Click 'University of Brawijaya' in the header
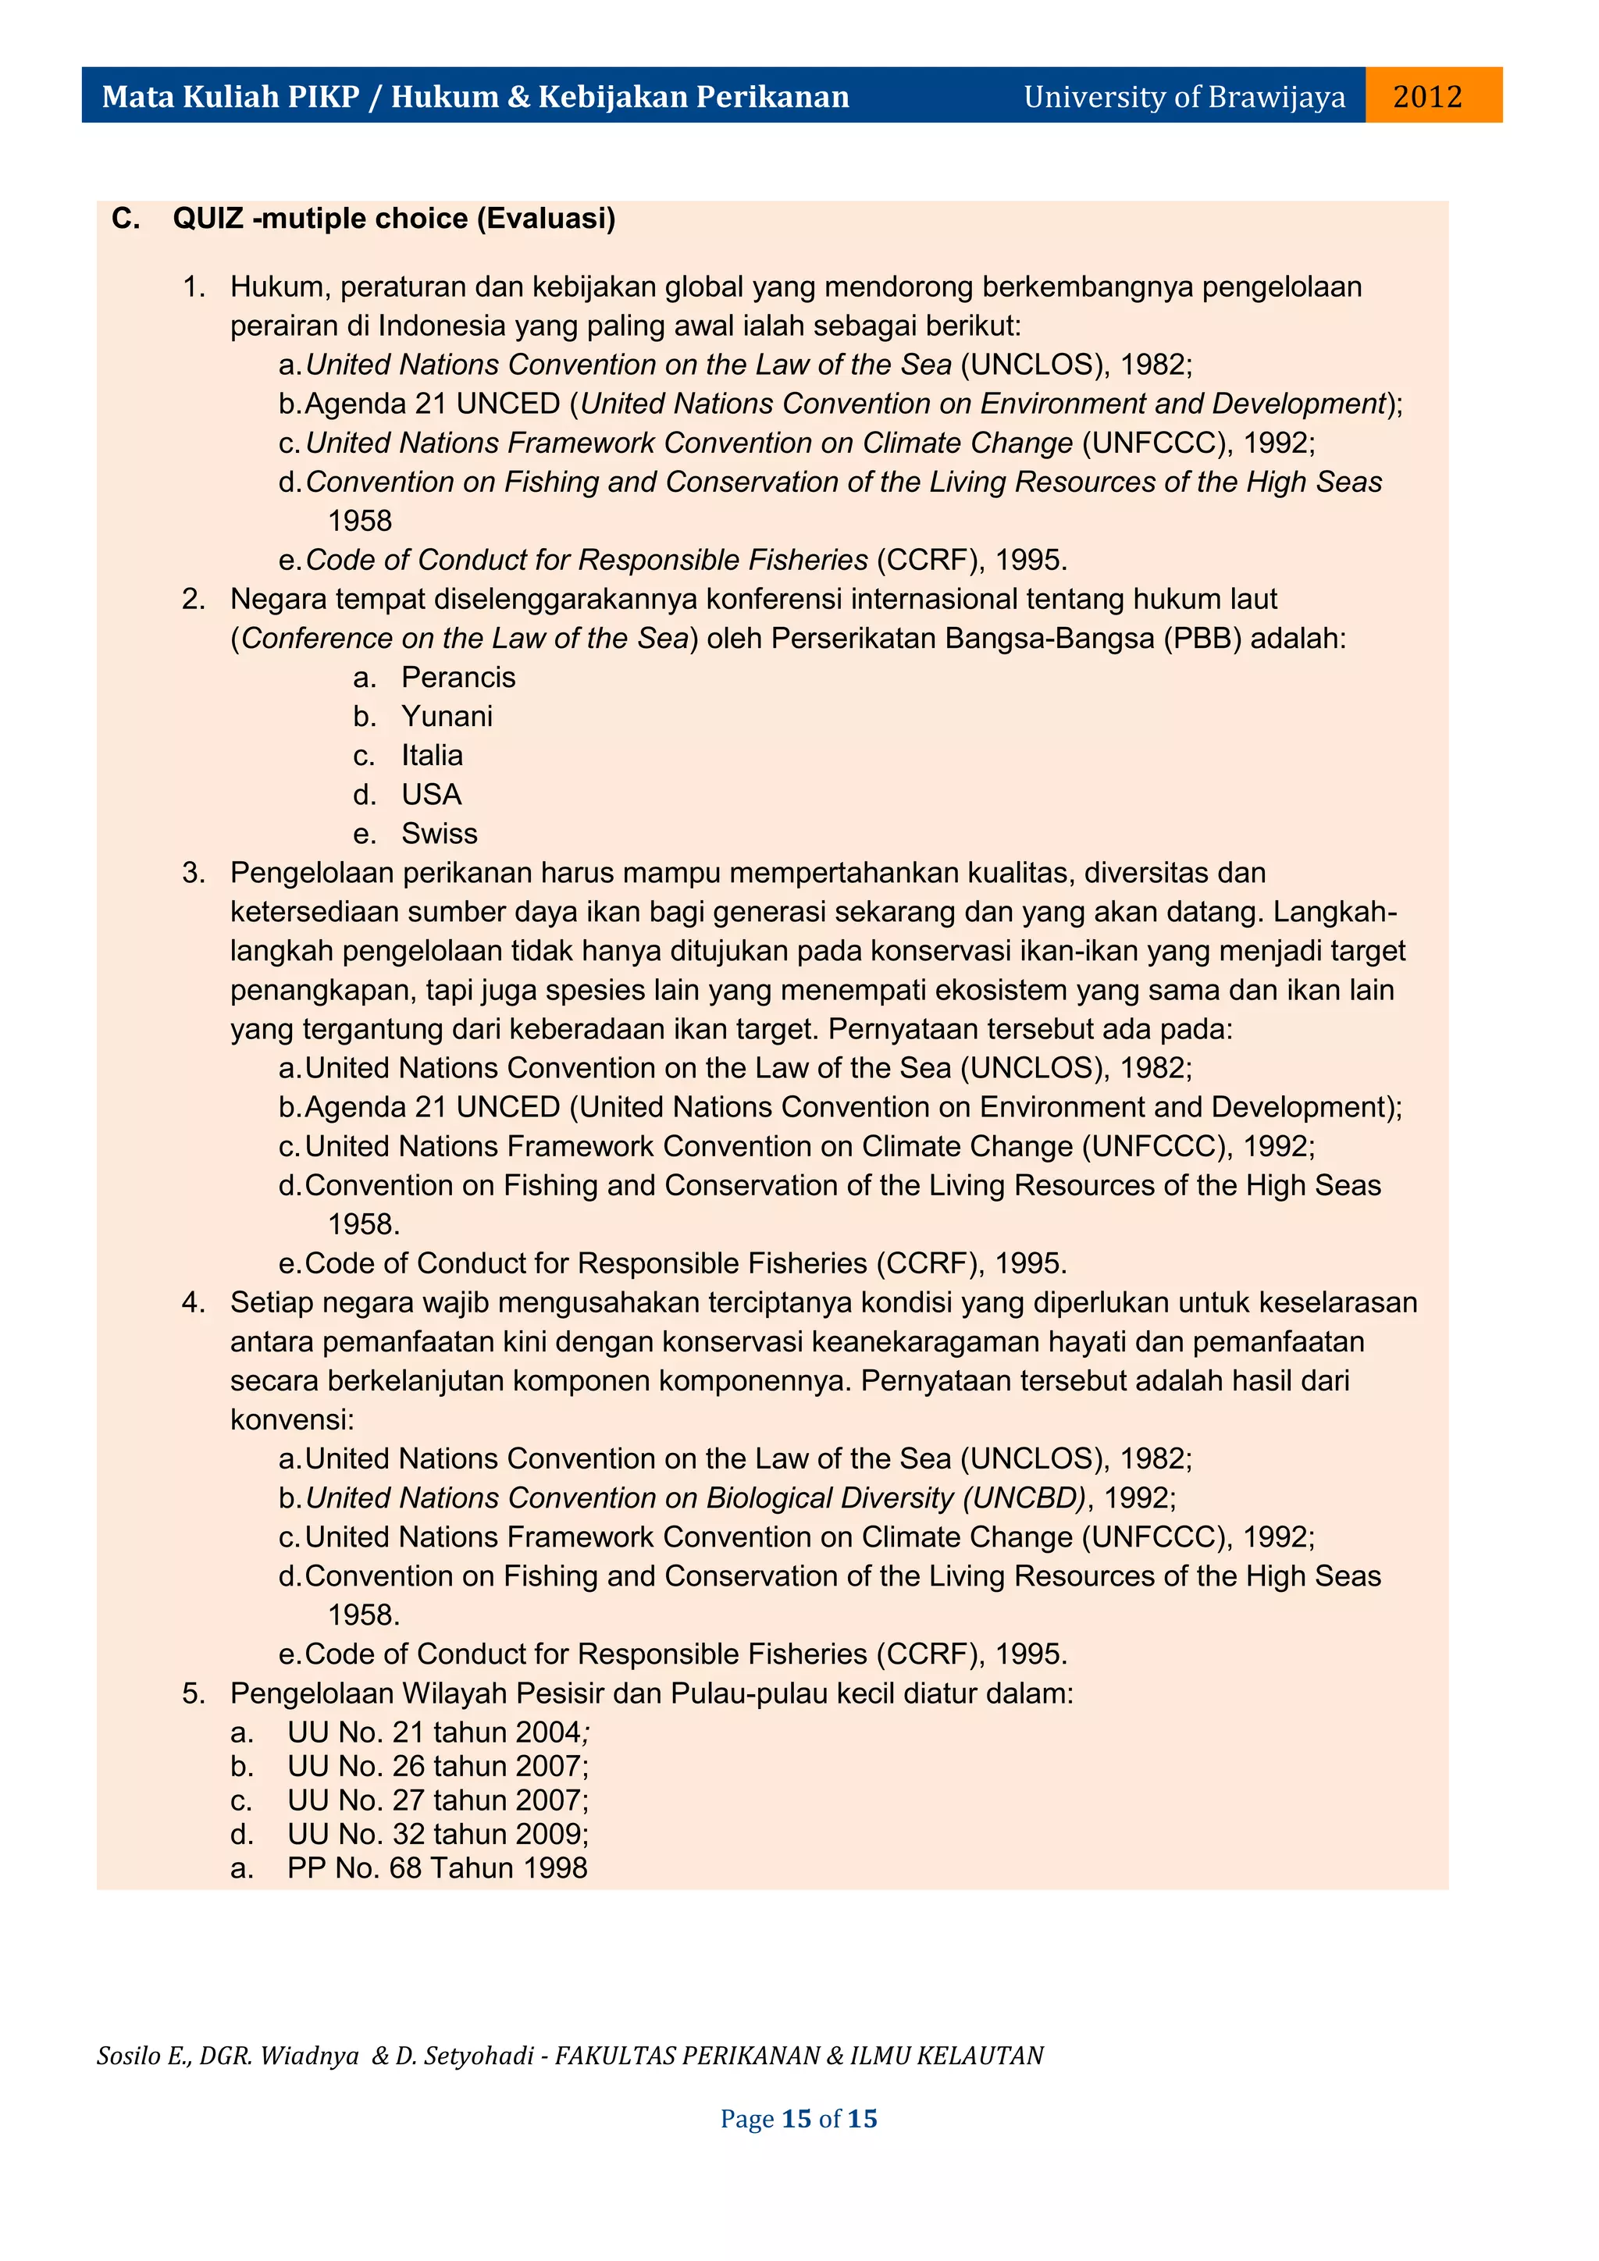coord(1184,97)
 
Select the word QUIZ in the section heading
coord(208,219)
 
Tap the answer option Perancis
coord(458,678)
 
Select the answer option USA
coord(431,795)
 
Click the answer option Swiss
coord(439,834)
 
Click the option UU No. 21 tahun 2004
coord(434,1732)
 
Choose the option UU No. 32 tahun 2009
coord(434,1834)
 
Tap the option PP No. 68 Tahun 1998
coord(437,1868)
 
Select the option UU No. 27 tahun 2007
coord(434,1800)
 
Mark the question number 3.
coord(192,873)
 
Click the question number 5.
coord(192,1693)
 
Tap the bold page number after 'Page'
coord(796,2119)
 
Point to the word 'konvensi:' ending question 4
coord(291,1420)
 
